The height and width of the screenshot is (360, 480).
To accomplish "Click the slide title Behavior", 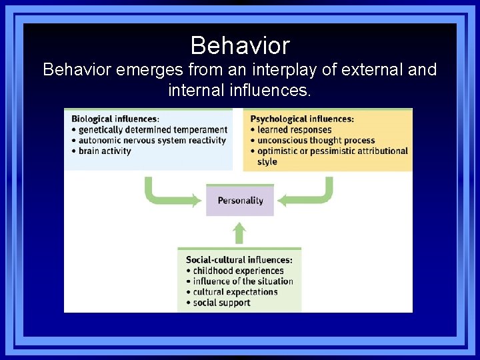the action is click(240, 45).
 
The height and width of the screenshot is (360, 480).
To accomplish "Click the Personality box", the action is click(240, 200).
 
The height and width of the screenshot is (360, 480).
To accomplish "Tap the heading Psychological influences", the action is click(302, 119).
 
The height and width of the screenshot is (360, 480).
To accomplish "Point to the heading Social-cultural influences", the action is click(239, 260).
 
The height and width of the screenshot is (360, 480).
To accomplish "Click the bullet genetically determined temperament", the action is click(153, 130).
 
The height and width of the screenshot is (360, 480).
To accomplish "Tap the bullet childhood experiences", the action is click(238, 271).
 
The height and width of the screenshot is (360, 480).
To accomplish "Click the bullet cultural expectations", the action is click(235, 292).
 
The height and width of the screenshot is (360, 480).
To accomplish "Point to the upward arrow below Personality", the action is click(240, 233).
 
